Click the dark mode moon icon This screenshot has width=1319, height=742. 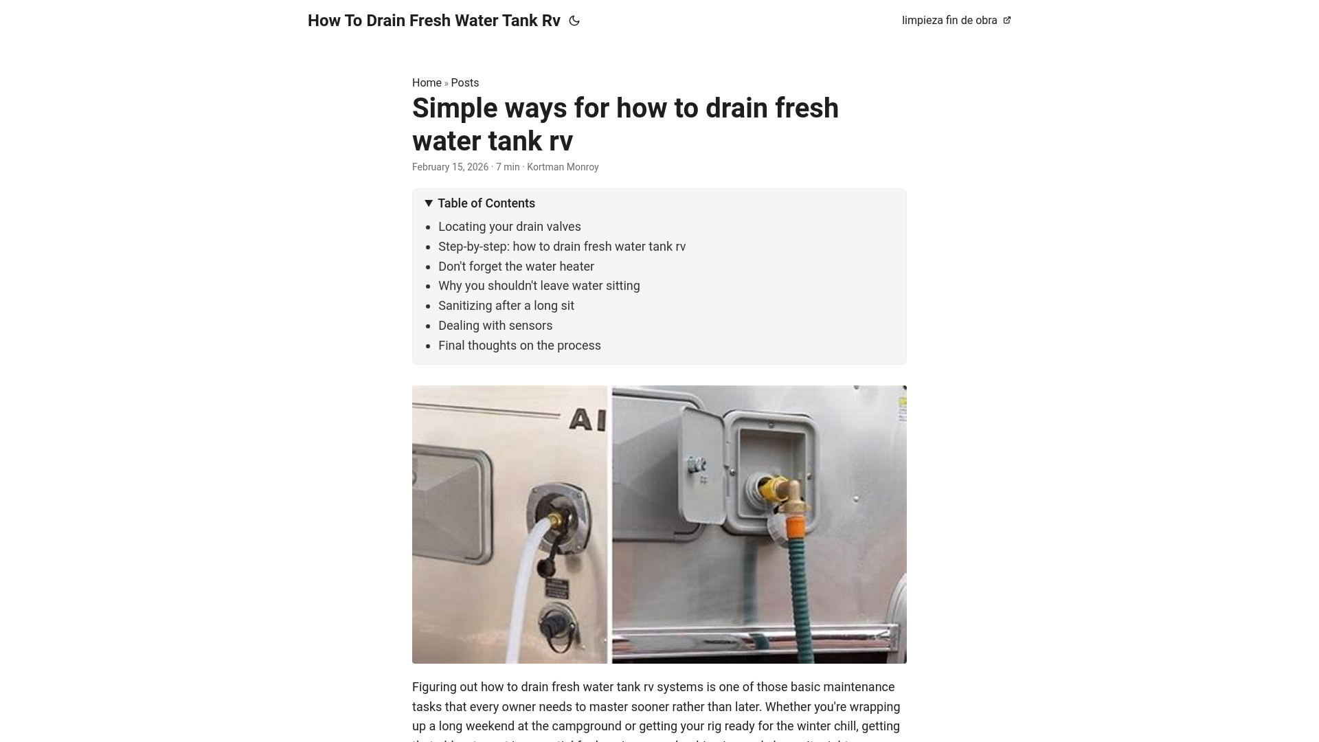(574, 21)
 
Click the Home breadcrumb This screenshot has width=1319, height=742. (427, 82)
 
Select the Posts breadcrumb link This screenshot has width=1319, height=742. (464, 82)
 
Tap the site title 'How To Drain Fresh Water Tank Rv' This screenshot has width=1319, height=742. (433, 21)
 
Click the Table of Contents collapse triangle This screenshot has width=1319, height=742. (429, 203)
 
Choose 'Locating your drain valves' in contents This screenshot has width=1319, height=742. (509, 227)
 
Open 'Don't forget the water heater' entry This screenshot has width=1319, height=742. (516, 267)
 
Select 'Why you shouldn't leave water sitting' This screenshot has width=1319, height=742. (539, 286)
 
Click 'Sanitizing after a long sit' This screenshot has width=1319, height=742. (506, 306)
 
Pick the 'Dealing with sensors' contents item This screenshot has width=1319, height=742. (495, 326)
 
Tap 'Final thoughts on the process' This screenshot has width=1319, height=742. (519, 346)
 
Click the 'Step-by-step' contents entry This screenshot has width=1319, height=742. (561, 247)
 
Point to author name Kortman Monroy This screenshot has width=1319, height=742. (562, 167)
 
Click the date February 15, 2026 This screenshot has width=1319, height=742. (450, 167)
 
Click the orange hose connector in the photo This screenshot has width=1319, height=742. (795, 529)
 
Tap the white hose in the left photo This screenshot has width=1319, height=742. (522, 570)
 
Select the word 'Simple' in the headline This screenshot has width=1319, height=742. (453, 109)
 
